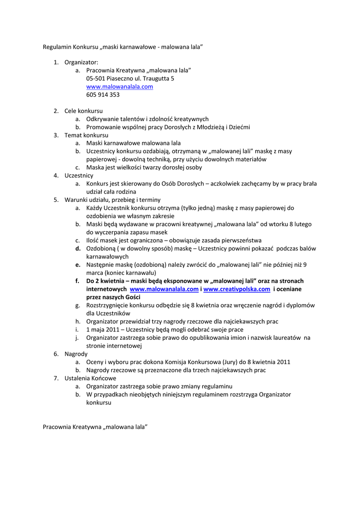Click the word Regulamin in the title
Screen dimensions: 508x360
click(57, 47)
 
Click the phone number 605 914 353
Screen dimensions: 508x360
click(103, 95)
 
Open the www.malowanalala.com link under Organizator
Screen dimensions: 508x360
click(119, 87)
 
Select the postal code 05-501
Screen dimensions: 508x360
click(95, 78)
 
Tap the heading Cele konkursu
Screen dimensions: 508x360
click(83, 111)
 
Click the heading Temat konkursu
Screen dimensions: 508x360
click(86, 135)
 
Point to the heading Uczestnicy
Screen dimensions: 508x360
click(78, 176)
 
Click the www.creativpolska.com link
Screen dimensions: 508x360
click(236, 289)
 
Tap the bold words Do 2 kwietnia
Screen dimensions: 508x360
click(106, 281)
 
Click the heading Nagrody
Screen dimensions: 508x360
click(76, 354)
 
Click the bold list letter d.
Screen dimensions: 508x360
click(78, 249)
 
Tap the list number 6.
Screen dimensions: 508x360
click(56, 354)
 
